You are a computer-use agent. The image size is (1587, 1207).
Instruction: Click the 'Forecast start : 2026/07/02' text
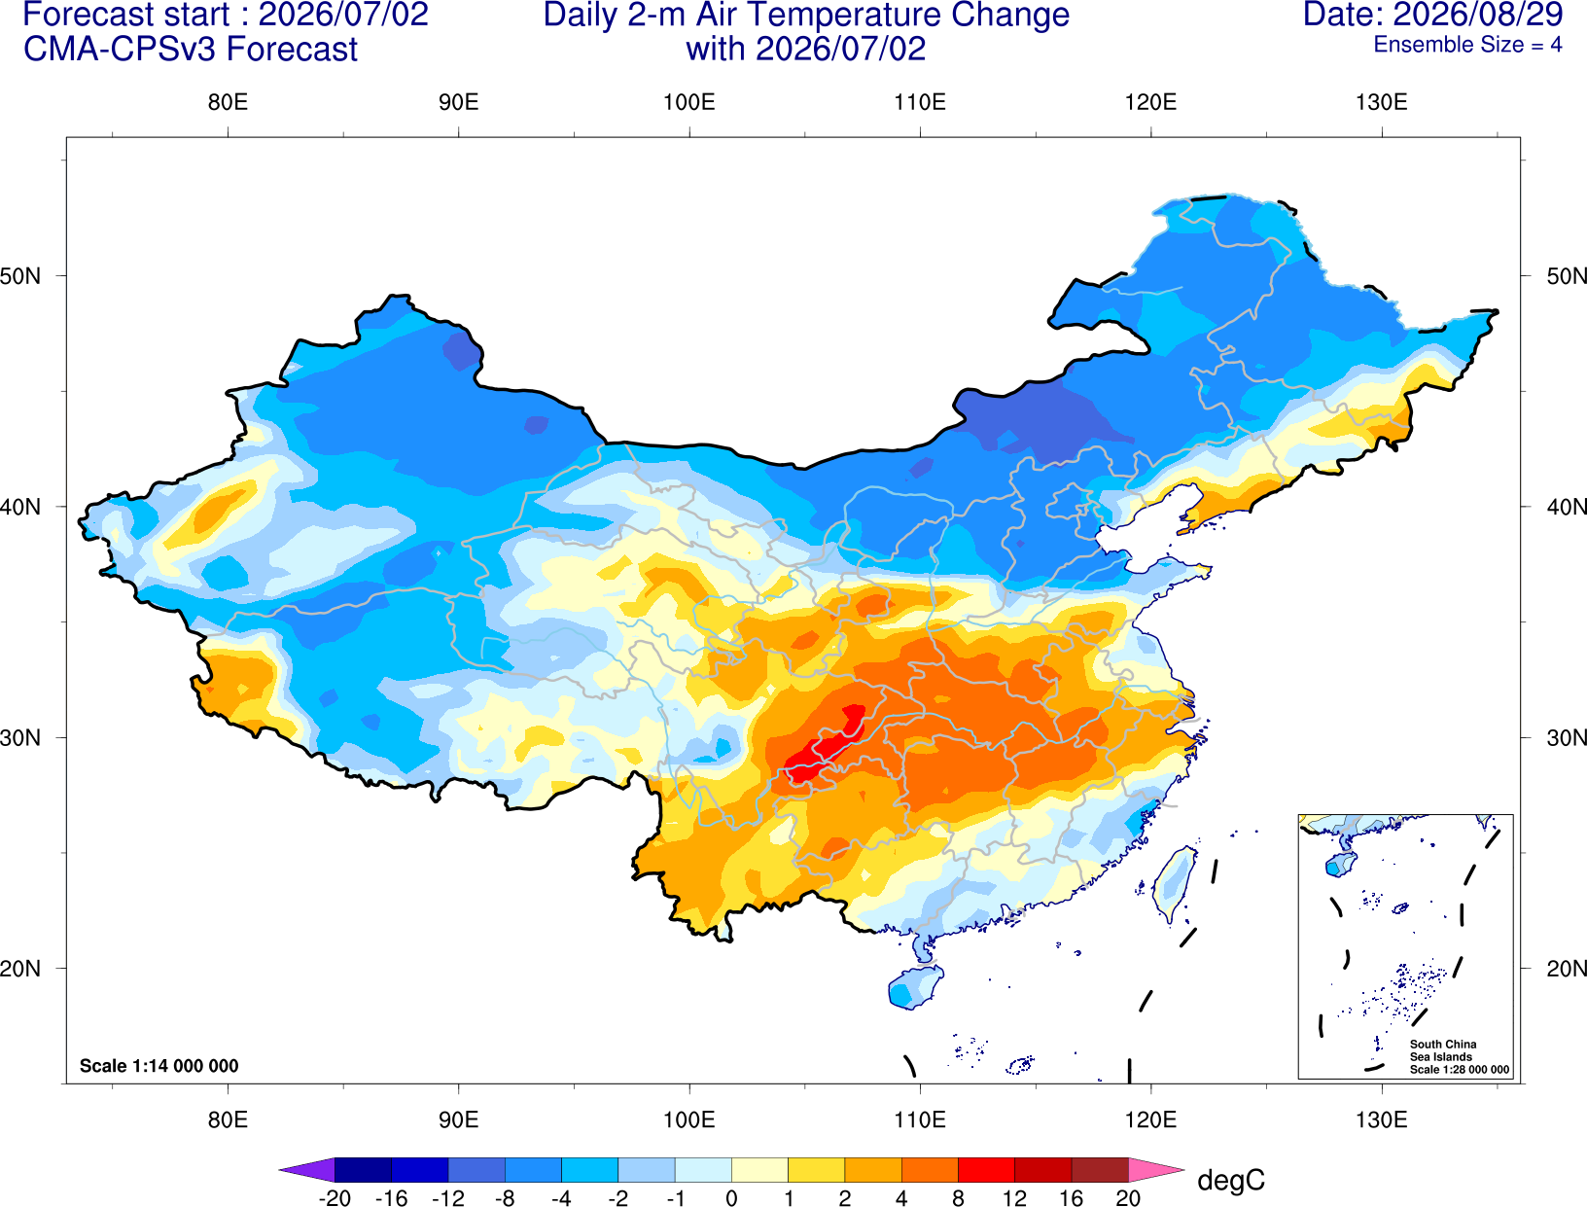coord(226,15)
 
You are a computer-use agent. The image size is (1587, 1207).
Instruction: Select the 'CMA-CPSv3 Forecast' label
coord(191,50)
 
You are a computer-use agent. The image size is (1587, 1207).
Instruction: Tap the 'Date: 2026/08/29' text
coord(1433,15)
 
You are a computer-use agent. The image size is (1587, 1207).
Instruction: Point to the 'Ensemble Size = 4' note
coord(1467,45)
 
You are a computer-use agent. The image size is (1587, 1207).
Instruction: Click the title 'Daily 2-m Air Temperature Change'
coord(806,15)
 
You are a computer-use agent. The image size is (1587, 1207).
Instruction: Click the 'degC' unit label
coord(1231,1180)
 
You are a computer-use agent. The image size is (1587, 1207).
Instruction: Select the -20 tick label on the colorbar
coord(335,1198)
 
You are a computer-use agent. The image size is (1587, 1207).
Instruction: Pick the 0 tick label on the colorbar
coord(731,1198)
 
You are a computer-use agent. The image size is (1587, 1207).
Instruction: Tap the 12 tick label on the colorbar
coord(1014,1198)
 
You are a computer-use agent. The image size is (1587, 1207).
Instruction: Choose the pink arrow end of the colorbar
coord(1154,1169)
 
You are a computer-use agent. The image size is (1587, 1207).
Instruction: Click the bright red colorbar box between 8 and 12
coord(986,1169)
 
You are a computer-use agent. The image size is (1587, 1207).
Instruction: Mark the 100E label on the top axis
coord(689,102)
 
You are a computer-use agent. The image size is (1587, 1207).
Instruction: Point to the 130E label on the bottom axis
coord(1382,1120)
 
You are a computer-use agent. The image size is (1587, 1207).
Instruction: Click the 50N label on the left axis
coord(20,275)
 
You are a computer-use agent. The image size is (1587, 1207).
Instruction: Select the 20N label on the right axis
coord(1566,969)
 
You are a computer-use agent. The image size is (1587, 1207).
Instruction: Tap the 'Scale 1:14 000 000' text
coord(159,1065)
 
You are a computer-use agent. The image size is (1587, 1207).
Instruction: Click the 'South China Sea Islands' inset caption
coord(1443,1050)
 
